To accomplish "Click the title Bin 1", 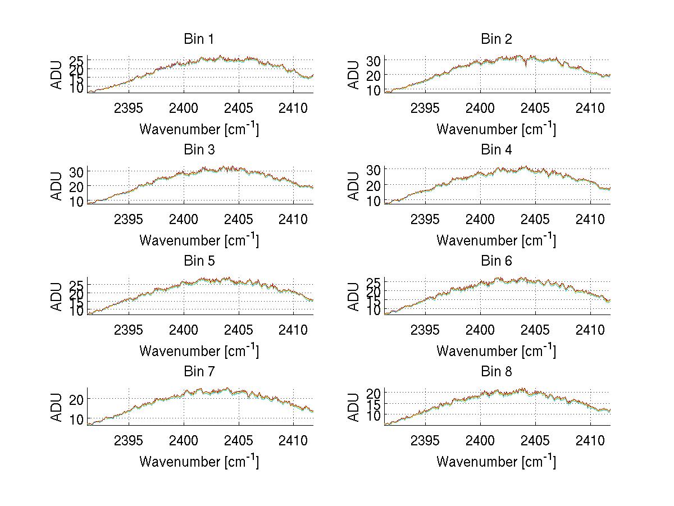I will pyautogui.click(x=199, y=39).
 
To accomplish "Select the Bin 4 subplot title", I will pyautogui.click(x=496, y=150).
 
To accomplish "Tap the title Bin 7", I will pyautogui.click(x=199, y=372).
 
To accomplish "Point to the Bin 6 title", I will pyautogui.click(x=496, y=261).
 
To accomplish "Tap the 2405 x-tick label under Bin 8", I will pyautogui.click(x=535, y=440).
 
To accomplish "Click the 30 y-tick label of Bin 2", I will pyautogui.click(x=374, y=61).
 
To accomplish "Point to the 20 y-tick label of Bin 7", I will pyautogui.click(x=76, y=399).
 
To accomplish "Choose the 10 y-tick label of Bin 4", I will pyautogui.click(x=374, y=201).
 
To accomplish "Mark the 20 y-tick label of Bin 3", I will pyautogui.click(x=76, y=186).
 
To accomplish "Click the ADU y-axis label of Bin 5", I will pyautogui.click(x=57, y=296).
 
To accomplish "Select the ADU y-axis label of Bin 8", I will pyautogui.click(x=354, y=407).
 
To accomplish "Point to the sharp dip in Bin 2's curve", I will pyautogui.click(x=526, y=66).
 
